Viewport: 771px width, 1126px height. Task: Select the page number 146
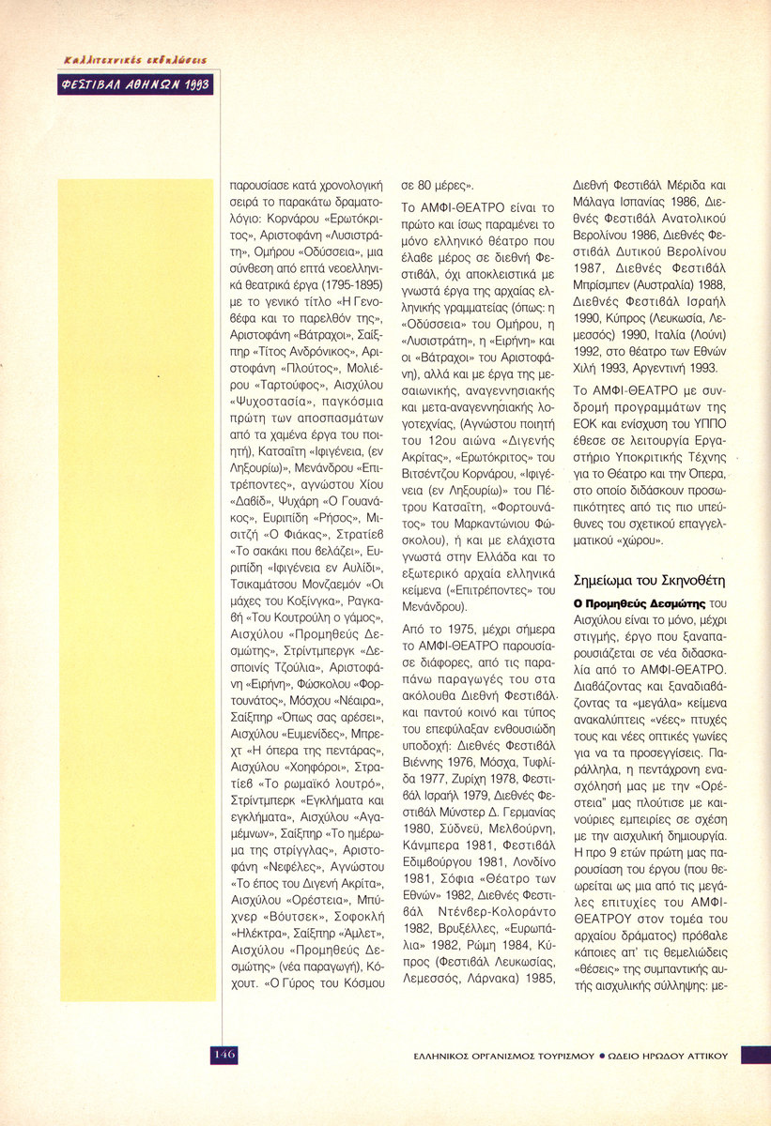pos(223,1054)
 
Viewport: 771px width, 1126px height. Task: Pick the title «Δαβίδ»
pos(252,502)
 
